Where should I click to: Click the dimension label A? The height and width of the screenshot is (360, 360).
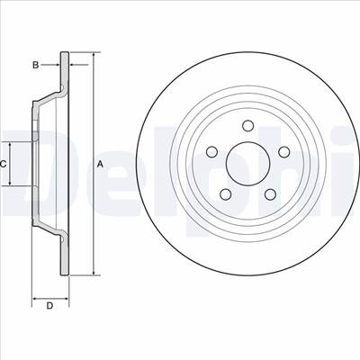(x=100, y=164)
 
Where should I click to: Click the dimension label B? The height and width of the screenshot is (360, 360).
(x=36, y=65)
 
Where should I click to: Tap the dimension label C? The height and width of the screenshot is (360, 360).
(x=3, y=164)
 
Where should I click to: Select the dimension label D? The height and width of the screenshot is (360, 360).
(x=49, y=306)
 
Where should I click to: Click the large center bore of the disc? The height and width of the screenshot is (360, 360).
(x=247, y=164)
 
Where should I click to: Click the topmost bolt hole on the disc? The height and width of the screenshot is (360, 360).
(x=247, y=126)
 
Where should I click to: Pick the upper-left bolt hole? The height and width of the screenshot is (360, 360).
(x=211, y=152)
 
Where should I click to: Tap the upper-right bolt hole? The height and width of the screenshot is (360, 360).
(x=283, y=152)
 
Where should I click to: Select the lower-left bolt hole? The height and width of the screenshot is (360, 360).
(x=226, y=194)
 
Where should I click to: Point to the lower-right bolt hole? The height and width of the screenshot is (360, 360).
(x=270, y=194)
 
